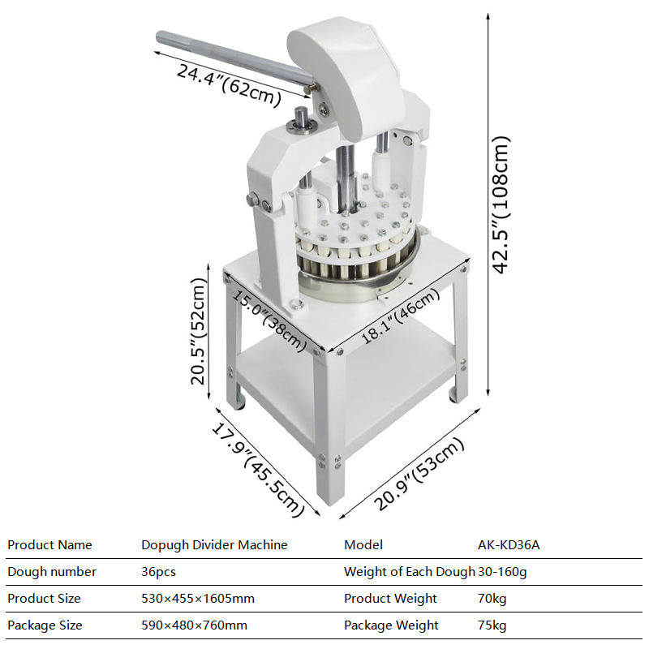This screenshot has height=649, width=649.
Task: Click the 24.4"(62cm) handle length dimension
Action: [229, 84]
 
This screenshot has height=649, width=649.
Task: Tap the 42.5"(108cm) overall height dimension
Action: [501, 204]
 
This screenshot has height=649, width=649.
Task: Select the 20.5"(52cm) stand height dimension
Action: [198, 331]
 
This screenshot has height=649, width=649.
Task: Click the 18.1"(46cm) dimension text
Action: [400, 316]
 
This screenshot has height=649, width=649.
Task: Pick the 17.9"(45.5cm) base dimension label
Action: [258, 469]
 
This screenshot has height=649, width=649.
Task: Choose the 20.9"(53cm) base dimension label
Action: [419, 474]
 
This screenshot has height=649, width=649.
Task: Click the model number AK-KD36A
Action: [509, 544]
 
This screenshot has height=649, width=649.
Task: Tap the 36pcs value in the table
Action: [158, 572]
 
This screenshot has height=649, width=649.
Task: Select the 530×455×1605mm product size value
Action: [198, 599]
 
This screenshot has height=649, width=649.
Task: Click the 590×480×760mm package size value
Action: [194, 625]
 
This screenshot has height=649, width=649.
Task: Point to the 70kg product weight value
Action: [492, 599]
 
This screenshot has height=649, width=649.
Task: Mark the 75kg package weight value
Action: [492, 625]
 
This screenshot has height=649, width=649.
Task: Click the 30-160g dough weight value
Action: [502, 572]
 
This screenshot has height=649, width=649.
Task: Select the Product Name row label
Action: [49, 544]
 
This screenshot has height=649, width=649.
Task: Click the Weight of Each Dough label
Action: [410, 572]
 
